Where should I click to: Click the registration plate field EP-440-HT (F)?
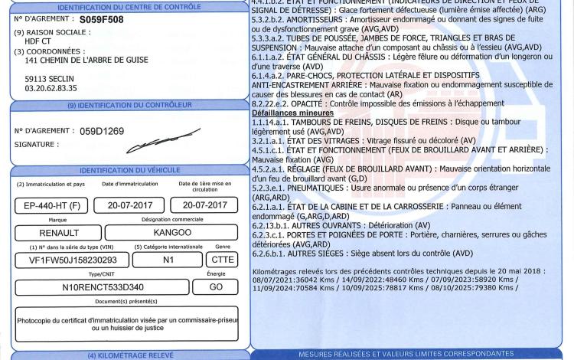pos(49,206)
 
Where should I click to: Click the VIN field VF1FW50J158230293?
pos(69,260)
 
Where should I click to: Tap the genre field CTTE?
pos(223,260)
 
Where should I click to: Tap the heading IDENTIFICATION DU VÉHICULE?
pos(129,169)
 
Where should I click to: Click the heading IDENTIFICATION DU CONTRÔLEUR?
pos(129,105)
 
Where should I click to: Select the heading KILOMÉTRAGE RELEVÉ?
pos(129,355)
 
